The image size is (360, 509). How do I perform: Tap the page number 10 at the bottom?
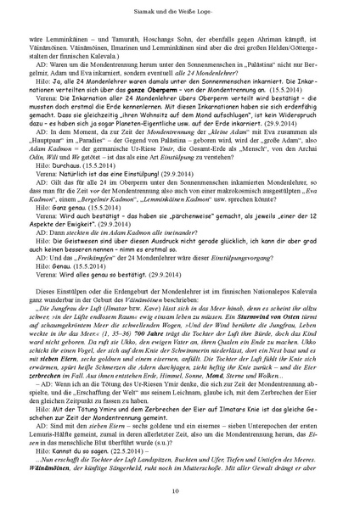click(180, 490)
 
